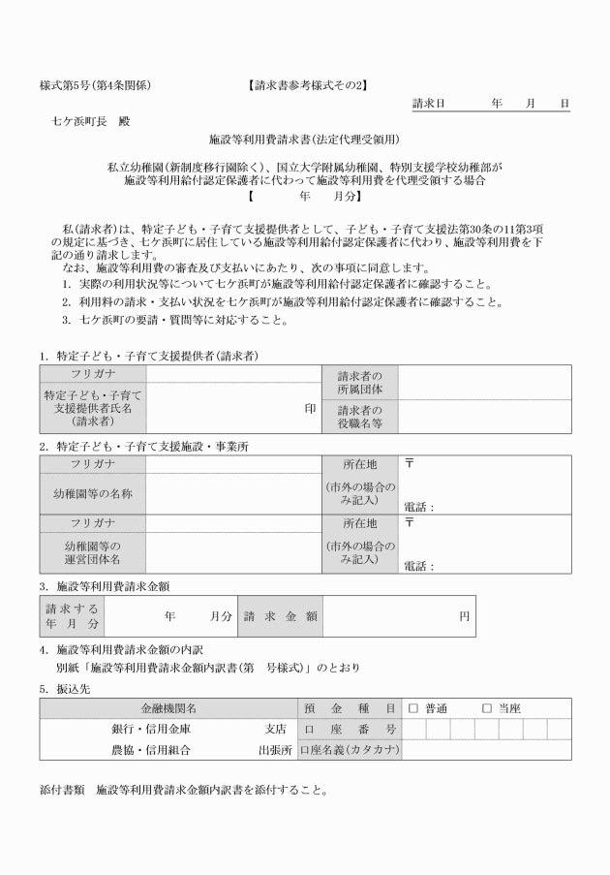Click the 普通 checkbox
point(412,708)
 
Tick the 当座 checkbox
point(487,708)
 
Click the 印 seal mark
point(311,409)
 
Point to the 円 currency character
point(465,615)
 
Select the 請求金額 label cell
point(280,615)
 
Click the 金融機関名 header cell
point(168,708)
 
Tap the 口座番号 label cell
point(350,729)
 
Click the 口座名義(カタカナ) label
point(350,750)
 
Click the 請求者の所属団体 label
point(360,382)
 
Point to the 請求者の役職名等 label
point(360,417)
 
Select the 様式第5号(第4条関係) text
point(95,85)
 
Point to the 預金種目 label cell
point(350,708)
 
